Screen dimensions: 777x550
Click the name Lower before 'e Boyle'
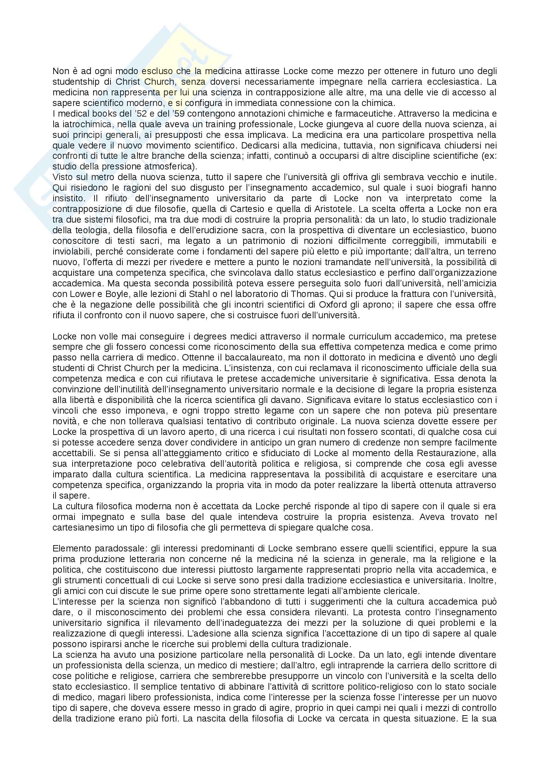(x=79, y=294)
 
